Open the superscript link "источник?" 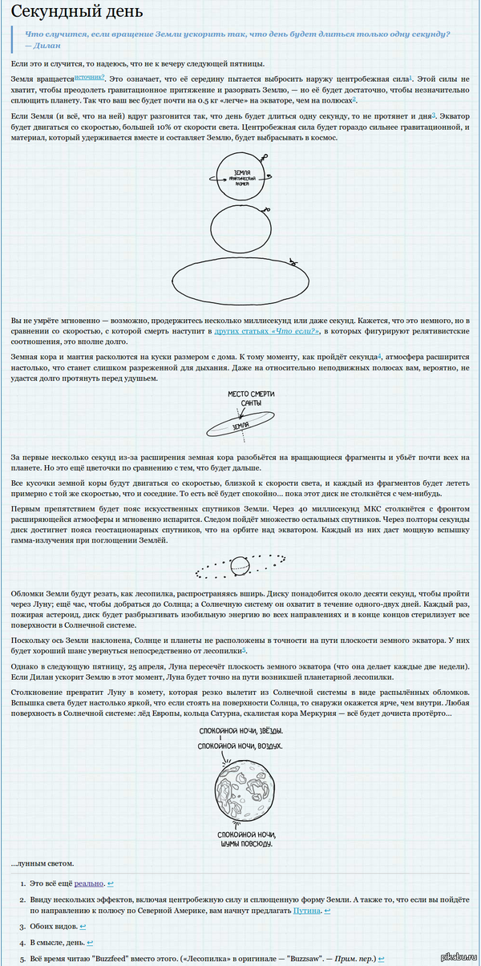tap(90, 77)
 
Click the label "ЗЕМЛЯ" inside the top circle tap(241, 172)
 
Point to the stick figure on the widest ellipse tap(295, 263)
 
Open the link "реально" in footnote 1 tap(89, 883)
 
